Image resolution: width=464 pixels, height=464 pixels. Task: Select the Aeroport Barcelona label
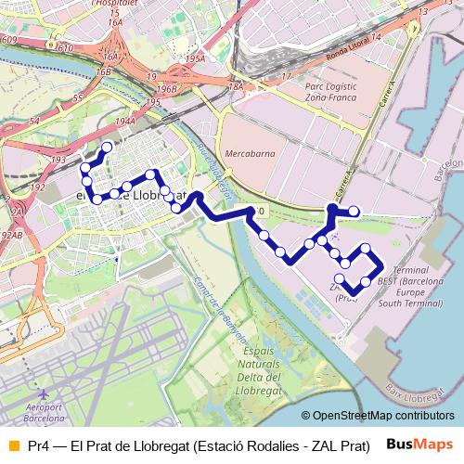tap(51, 413)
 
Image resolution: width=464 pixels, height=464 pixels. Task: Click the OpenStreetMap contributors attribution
tap(383, 415)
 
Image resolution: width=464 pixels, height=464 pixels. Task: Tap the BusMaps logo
tap(420, 445)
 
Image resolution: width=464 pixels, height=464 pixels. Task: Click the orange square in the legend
tap(12, 445)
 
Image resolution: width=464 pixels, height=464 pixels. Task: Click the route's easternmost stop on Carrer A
tap(354, 212)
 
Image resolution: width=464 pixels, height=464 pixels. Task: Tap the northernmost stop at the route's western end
tap(107, 147)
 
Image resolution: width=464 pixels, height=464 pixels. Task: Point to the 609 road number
tap(9, 39)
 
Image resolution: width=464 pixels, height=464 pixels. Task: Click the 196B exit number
tap(166, 89)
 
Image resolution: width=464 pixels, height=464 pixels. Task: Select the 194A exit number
tap(126, 122)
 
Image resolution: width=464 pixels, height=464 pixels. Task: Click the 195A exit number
tap(194, 58)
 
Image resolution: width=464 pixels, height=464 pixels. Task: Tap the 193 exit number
tap(58, 160)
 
